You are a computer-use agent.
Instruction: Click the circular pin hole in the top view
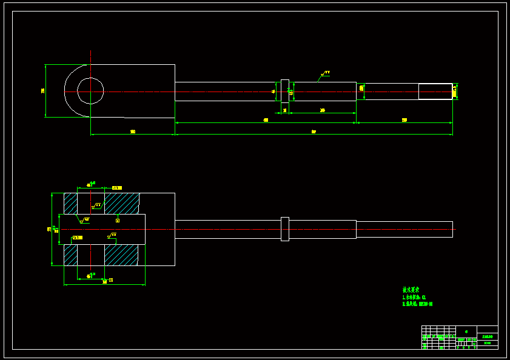tap(90, 91)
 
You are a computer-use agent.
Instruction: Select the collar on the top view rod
tap(284, 91)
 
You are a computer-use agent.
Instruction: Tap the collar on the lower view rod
tap(284, 229)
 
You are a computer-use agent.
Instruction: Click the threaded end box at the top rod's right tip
tap(435, 91)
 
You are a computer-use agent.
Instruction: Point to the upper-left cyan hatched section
tap(70, 203)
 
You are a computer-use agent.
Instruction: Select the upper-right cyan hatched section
tap(122, 203)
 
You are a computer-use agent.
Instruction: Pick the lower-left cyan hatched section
tap(70, 255)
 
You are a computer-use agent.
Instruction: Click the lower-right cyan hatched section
tap(121, 255)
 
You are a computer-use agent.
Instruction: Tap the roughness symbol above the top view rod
tap(324, 74)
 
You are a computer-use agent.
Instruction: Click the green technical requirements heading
tap(411, 290)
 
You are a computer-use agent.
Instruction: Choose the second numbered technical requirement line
tap(417, 304)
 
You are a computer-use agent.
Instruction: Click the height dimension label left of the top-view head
tap(42, 91)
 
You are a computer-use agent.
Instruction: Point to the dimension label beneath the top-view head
tap(132, 132)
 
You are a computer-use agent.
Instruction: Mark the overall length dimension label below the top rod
tap(314, 132)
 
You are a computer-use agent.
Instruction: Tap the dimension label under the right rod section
tap(404, 120)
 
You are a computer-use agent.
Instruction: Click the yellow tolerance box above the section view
tap(116, 188)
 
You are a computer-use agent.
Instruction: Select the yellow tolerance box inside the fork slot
tap(77, 238)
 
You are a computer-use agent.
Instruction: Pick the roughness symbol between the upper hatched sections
tap(96, 206)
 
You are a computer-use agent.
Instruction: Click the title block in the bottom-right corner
tap(460, 337)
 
